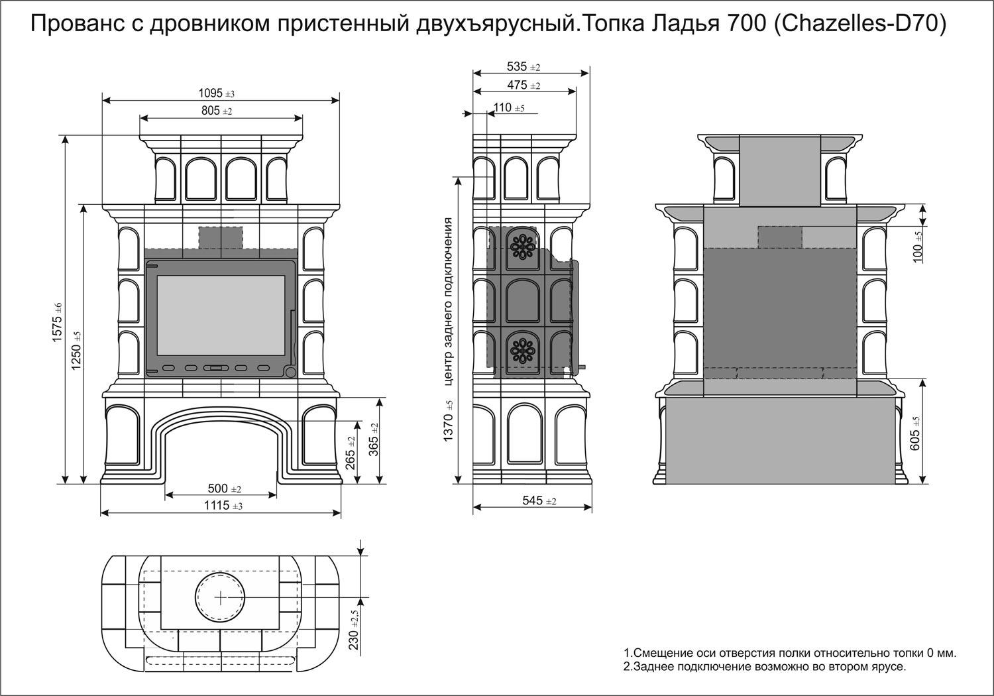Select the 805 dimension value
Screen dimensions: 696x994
click(x=217, y=111)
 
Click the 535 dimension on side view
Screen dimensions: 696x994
click(x=524, y=67)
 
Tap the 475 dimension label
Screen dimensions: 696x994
click(x=524, y=86)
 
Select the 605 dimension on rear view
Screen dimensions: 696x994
click(x=916, y=434)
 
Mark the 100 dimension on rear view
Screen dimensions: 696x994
click(x=917, y=247)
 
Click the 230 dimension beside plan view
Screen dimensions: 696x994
click(x=355, y=630)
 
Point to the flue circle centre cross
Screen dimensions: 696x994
click(x=220, y=597)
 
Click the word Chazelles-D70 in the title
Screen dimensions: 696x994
click(x=859, y=25)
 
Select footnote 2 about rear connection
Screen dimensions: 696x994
click(x=764, y=667)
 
